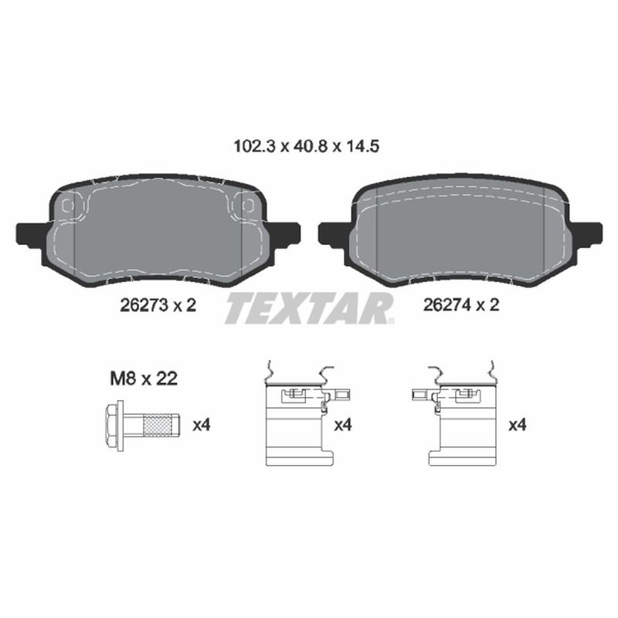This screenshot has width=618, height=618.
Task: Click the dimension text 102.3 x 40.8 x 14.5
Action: coord(306,147)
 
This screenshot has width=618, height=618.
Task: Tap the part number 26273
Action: coord(144,305)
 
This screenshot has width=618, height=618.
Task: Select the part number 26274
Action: coord(447,304)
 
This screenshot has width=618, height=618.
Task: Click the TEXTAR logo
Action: coord(310,308)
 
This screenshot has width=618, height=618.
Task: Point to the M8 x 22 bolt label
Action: coord(144,379)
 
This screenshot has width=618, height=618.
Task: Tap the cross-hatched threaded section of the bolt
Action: coord(158,426)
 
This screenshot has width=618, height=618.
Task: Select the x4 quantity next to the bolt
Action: coord(202,426)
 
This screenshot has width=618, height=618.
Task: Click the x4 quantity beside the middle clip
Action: coord(342,425)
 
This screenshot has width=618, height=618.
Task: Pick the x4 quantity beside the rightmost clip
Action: coord(518,425)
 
